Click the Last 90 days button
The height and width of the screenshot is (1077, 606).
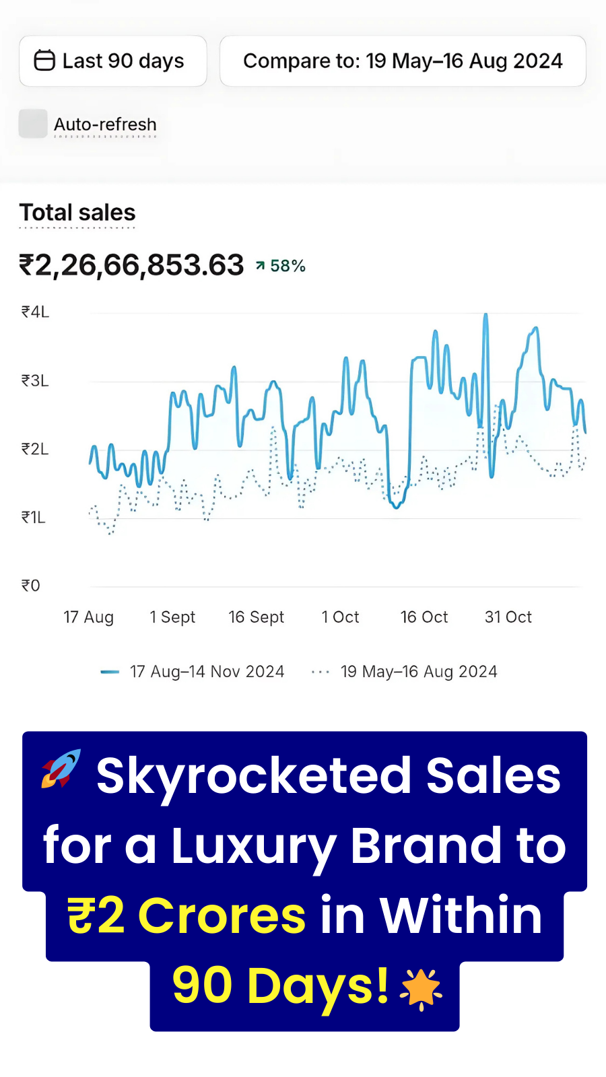tap(113, 61)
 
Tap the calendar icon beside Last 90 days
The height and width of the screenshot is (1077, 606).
tap(44, 61)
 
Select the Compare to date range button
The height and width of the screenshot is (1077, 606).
tap(403, 61)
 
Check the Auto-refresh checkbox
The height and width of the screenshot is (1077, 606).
tap(33, 124)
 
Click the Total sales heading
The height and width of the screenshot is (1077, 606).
tap(77, 213)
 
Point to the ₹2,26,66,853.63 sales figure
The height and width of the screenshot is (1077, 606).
tap(131, 265)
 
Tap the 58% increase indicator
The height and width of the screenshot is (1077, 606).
tap(281, 267)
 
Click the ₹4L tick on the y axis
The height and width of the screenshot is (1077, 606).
tap(35, 312)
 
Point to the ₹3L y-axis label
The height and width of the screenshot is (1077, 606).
tap(35, 381)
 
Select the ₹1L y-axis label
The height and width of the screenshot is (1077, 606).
tap(34, 518)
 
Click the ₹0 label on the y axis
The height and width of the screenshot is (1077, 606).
tap(31, 586)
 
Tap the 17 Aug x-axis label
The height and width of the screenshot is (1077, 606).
tap(89, 617)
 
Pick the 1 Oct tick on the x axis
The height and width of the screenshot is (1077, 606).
tap(341, 617)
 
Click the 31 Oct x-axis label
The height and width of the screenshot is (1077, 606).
tap(508, 617)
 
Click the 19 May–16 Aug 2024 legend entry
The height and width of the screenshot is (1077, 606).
tap(405, 672)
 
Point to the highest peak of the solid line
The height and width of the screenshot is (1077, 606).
tap(485, 316)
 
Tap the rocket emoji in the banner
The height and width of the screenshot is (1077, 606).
tap(61, 769)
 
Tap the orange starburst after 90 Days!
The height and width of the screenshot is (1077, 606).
tap(421, 989)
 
